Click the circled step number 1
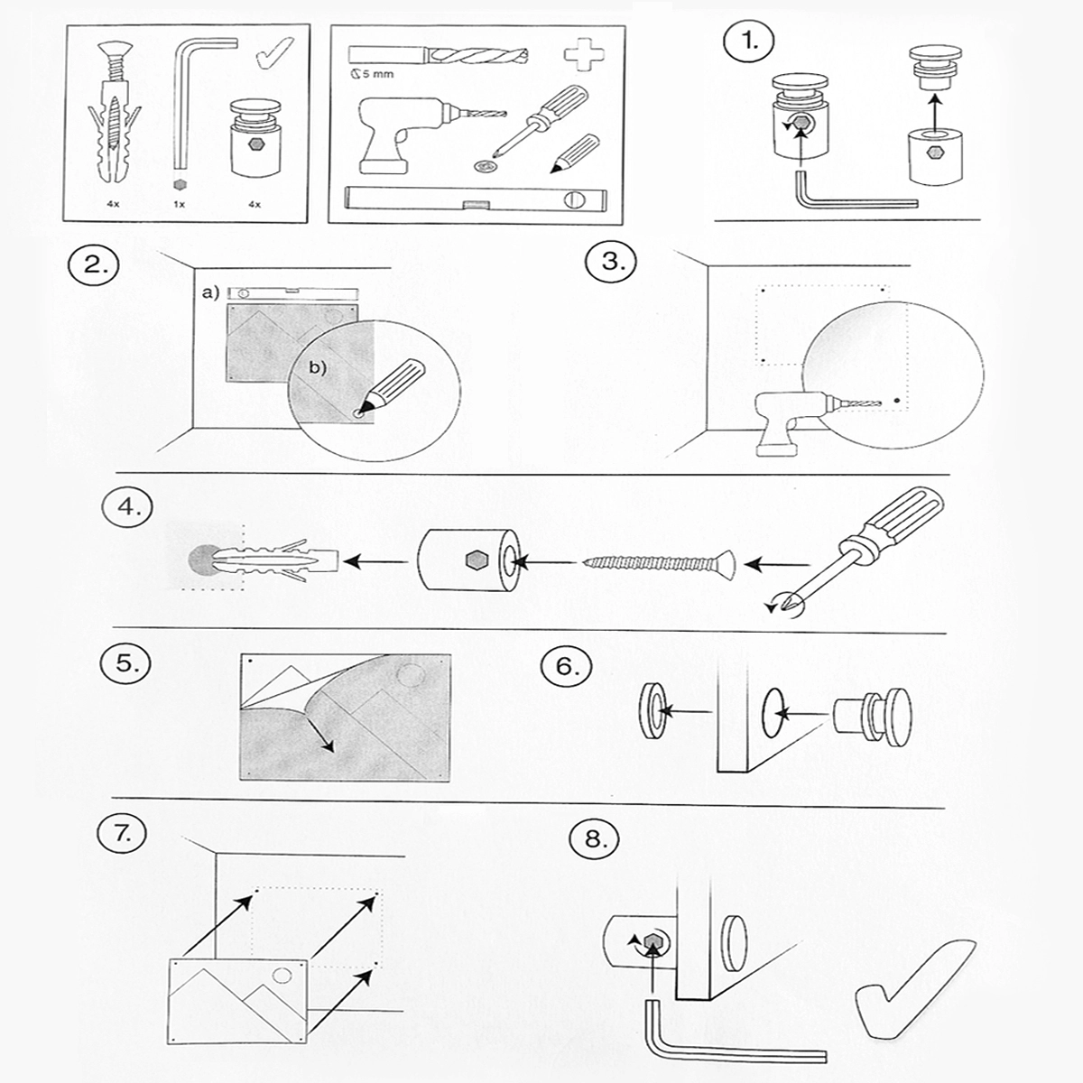click(x=748, y=41)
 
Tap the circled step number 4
click(x=127, y=507)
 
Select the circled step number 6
click(x=566, y=666)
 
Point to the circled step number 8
click(x=595, y=839)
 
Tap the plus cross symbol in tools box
click(x=586, y=54)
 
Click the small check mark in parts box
click(x=274, y=52)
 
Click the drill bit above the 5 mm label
click(x=438, y=56)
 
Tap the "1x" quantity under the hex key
click(x=180, y=205)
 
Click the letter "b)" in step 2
click(x=318, y=367)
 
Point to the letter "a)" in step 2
click(x=211, y=292)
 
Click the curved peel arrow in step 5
click(x=316, y=722)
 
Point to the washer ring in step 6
click(x=652, y=711)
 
